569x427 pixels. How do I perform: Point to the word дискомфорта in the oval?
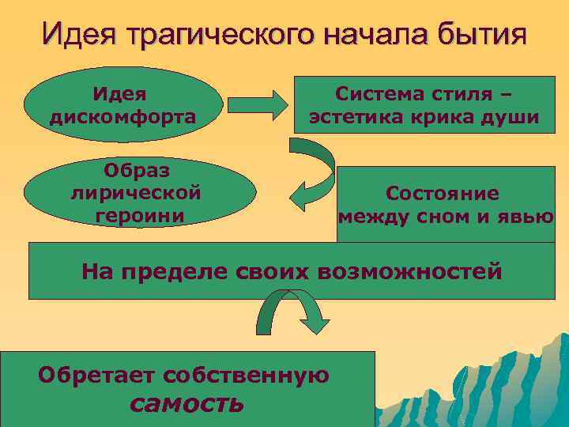click(x=122, y=117)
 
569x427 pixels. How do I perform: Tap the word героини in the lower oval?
click(x=138, y=214)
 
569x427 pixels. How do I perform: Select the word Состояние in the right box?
click(x=443, y=193)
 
